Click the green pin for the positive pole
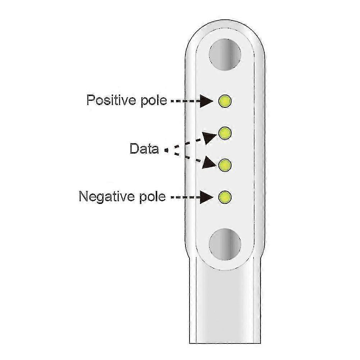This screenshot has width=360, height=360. pyautogui.click(x=225, y=101)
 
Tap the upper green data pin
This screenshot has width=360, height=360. pyautogui.click(x=225, y=133)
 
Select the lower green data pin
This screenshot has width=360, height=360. pyautogui.click(x=225, y=165)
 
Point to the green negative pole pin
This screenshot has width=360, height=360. pyautogui.click(x=225, y=197)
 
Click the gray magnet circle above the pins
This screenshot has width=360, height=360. pyautogui.click(x=225, y=55)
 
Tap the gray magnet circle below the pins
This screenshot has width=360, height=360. pyautogui.click(x=225, y=244)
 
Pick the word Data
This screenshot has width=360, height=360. pyautogui.click(x=144, y=149)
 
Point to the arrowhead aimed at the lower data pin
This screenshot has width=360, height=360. pyautogui.click(x=209, y=163)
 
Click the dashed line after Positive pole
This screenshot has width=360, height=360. pyautogui.click(x=185, y=101)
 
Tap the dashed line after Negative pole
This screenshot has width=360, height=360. pyautogui.click(x=185, y=197)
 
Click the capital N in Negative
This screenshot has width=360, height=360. pyautogui.click(x=84, y=196)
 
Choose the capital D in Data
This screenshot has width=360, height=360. pyautogui.click(x=135, y=149)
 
